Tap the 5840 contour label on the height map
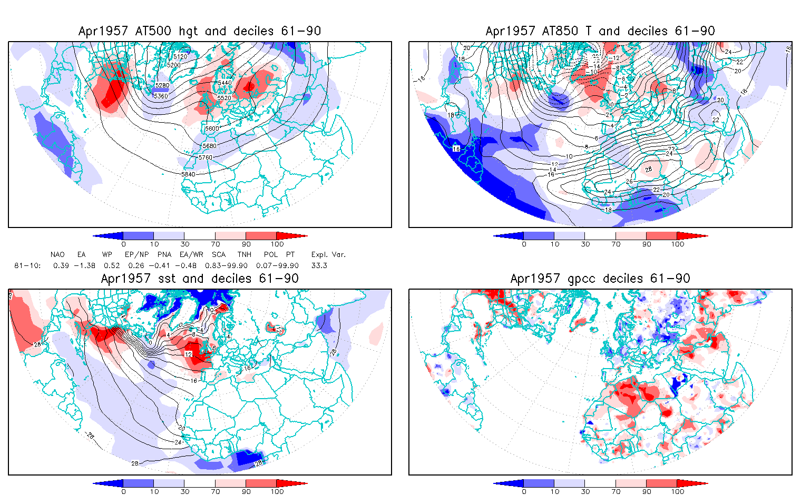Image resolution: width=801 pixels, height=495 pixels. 188,174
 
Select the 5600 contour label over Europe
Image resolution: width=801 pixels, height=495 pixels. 212,128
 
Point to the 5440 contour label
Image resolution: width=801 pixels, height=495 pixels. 224,83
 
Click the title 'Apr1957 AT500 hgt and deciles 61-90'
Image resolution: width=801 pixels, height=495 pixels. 200,31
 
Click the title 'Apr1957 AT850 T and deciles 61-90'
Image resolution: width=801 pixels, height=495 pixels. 600,31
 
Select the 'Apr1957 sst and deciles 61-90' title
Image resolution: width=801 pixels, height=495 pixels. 200,279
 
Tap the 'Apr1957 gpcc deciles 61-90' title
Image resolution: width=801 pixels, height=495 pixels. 600,279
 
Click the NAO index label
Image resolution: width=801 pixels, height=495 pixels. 57,255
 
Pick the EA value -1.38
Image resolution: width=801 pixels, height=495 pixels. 84,265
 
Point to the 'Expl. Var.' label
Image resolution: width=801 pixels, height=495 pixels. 328,255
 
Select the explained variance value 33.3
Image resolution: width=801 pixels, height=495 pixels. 319,265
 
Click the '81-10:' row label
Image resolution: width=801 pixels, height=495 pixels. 27,265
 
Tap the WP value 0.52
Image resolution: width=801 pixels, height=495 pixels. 112,265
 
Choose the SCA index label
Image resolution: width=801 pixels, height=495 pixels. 219,255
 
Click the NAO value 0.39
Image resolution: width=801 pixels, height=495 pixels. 61,265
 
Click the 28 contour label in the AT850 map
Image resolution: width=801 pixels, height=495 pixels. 648,170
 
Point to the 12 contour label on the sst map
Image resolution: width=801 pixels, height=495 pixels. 189,354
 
